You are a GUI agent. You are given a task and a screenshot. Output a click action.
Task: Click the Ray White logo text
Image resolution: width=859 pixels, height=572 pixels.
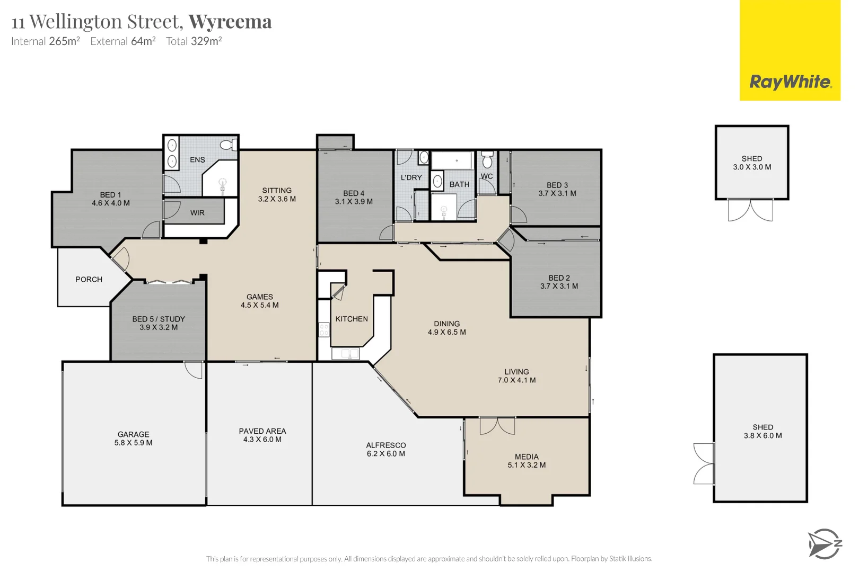coord(790,82)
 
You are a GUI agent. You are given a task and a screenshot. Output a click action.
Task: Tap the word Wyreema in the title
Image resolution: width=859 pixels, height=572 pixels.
coord(230,22)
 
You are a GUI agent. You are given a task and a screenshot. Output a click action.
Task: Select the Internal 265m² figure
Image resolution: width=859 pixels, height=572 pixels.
coord(64,41)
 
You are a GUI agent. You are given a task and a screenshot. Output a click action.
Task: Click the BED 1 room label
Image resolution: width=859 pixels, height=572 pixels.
coord(110,194)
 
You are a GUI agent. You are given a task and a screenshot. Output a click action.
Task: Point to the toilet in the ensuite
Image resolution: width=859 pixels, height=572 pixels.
coord(229,145)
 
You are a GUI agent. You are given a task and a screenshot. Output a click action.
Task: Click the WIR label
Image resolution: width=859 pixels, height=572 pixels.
coord(197,212)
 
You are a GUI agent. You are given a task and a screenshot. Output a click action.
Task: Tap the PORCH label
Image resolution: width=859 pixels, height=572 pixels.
coord(89,279)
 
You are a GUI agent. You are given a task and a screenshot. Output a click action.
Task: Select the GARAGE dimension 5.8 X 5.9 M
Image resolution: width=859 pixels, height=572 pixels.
coord(133,443)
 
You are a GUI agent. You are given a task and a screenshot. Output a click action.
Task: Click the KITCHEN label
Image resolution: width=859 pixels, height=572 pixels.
coord(352,319)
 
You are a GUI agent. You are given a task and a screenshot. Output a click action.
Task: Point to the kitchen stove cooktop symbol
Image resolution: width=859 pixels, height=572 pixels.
coord(323,330)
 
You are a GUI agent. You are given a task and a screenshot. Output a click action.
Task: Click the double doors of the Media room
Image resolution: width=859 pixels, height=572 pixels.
coord(497,426)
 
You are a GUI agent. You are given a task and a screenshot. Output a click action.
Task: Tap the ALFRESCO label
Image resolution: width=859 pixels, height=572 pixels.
coord(385,445)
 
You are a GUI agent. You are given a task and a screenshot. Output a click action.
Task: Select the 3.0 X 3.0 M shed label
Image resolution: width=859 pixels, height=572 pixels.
coord(752,167)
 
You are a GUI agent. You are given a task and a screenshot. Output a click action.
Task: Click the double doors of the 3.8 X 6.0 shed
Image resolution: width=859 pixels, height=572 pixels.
coord(704,463)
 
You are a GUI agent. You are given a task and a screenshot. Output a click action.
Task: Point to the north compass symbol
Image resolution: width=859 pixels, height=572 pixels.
coord(825,544)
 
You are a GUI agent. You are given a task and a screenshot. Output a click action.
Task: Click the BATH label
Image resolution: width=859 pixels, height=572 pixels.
coord(459,184)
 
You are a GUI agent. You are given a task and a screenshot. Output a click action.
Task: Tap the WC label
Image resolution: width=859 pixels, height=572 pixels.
coord(487,176)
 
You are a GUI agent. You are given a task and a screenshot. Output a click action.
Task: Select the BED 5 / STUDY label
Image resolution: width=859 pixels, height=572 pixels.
coord(159,319)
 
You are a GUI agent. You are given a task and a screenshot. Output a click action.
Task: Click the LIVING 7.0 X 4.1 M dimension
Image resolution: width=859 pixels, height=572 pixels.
coord(516,380)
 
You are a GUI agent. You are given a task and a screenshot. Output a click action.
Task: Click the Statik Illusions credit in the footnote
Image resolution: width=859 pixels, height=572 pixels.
coord(630,559)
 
